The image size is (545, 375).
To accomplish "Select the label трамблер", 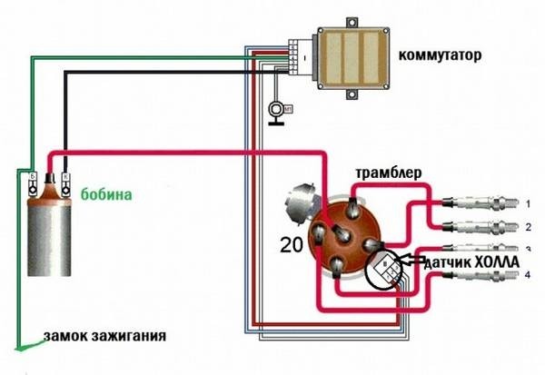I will click(387, 173).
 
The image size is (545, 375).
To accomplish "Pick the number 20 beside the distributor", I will click(291, 244).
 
